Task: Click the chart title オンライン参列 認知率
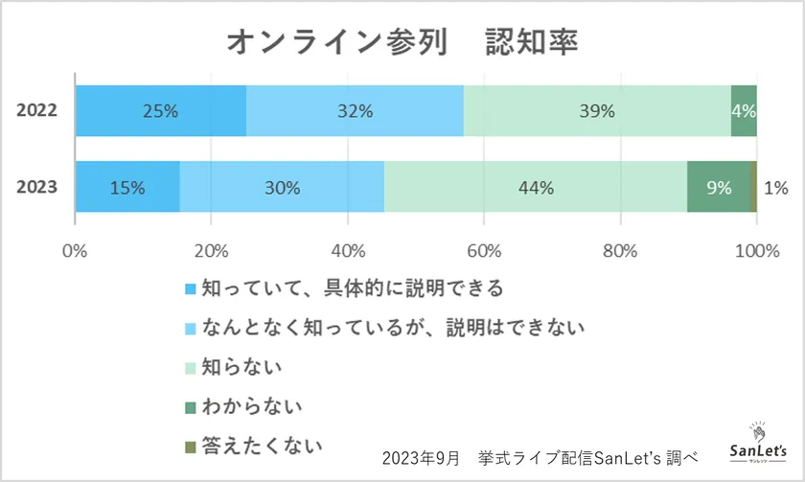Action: [402, 41]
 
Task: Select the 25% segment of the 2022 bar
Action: [160, 110]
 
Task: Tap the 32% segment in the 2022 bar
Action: [355, 110]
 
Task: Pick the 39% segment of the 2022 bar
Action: [596, 110]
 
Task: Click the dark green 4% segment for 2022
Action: [744, 110]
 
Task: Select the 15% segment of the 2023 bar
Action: [126, 187]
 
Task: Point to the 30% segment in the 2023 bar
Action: [281, 187]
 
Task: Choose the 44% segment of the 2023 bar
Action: [536, 187]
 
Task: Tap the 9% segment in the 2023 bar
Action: [719, 187]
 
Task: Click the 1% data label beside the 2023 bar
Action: [775, 188]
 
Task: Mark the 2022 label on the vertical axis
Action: [38, 110]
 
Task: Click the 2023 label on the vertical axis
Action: [38, 187]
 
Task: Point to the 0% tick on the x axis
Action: [75, 252]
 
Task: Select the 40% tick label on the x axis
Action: [348, 252]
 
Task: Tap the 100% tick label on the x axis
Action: [756, 252]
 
